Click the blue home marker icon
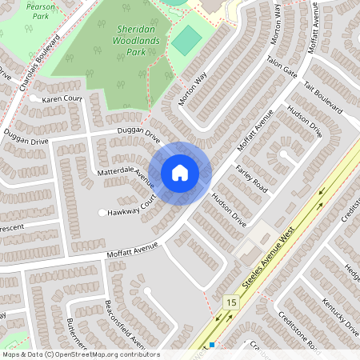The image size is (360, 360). tap(180, 173)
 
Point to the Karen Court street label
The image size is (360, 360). tap(62, 99)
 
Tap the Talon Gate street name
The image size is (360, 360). tap(282, 71)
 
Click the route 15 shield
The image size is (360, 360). tap(231, 302)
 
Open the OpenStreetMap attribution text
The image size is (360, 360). tap(80, 354)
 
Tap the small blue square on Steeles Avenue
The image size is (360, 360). tap(212, 345)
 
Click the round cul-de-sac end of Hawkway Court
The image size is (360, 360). tap(102, 213)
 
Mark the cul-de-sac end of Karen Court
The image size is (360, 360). tap(34, 99)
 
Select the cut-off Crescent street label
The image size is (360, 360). tap(12, 226)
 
